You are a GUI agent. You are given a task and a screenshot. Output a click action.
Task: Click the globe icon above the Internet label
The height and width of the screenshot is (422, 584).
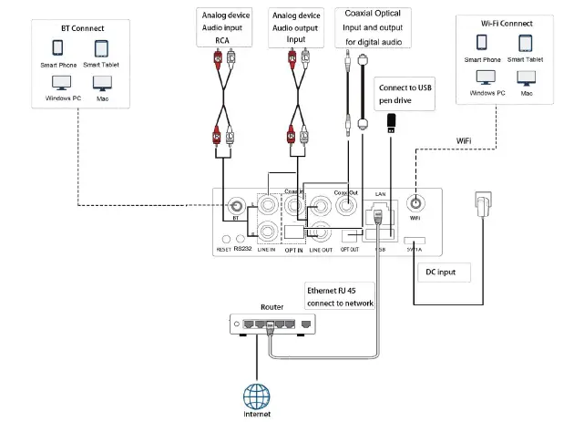click(257, 395)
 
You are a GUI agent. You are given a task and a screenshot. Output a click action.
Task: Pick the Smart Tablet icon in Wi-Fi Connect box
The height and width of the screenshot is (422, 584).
click(526, 44)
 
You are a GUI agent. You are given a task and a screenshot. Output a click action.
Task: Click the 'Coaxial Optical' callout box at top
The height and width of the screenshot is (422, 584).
click(374, 27)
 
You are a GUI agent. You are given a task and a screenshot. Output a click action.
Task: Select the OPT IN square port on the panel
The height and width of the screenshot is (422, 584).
click(293, 232)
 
